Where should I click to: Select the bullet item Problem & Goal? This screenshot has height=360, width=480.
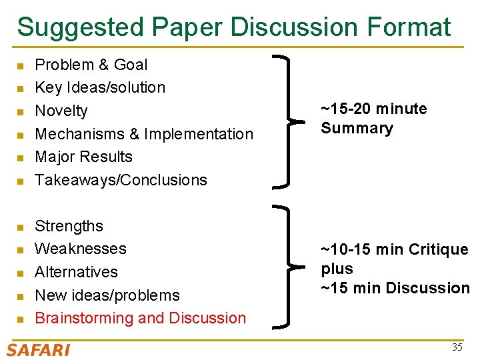pos(91,65)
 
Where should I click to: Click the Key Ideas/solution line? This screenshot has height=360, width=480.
pos(100,87)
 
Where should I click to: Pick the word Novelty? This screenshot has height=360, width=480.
pos(61,111)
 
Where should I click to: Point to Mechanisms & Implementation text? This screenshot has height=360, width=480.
pos(144,134)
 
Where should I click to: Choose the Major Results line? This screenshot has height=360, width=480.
pos(83,157)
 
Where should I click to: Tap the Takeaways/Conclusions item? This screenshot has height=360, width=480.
pos(121,180)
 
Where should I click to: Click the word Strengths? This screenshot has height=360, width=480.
pos(69,226)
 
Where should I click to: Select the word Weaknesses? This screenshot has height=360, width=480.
pos(80,249)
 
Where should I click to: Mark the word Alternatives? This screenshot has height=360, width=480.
pos(76,272)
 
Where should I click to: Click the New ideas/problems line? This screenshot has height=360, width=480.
pos(107,295)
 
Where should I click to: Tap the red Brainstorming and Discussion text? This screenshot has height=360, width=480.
pos(140,318)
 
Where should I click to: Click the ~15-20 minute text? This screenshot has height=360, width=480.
pos(373,109)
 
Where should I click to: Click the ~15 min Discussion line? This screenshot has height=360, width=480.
pos(395,288)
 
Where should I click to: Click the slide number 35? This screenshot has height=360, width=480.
pos(457,347)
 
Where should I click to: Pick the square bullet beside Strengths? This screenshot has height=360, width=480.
pos(20,227)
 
